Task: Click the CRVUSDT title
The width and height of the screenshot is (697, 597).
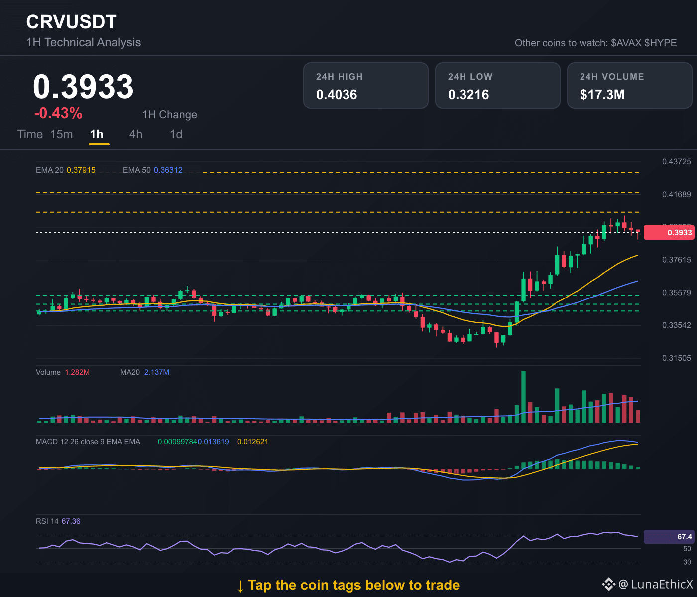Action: (x=72, y=22)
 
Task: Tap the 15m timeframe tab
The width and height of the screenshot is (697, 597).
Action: (x=61, y=134)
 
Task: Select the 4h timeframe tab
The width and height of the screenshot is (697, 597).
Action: (x=136, y=134)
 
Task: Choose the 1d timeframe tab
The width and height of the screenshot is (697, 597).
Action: (x=176, y=134)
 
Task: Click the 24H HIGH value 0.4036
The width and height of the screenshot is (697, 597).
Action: (x=337, y=95)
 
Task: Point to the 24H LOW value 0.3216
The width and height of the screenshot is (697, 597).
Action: (x=468, y=95)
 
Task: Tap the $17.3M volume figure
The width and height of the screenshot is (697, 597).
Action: (x=602, y=95)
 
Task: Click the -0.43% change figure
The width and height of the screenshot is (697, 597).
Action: (x=58, y=113)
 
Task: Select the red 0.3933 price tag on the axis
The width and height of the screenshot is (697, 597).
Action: (x=669, y=232)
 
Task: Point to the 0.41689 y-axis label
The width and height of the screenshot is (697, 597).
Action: (x=677, y=194)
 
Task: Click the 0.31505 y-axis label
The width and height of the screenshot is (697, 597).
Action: (x=677, y=358)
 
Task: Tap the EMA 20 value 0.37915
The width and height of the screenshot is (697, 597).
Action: (x=81, y=170)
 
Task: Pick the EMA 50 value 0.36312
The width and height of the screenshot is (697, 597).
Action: (x=168, y=170)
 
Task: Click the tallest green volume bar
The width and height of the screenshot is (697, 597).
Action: (x=523, y=397)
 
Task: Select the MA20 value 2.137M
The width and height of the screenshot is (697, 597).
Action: (x=157, y=372)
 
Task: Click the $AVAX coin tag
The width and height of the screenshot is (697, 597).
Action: (x=626, y=43)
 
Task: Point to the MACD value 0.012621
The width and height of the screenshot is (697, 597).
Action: (x=253, y=442)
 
